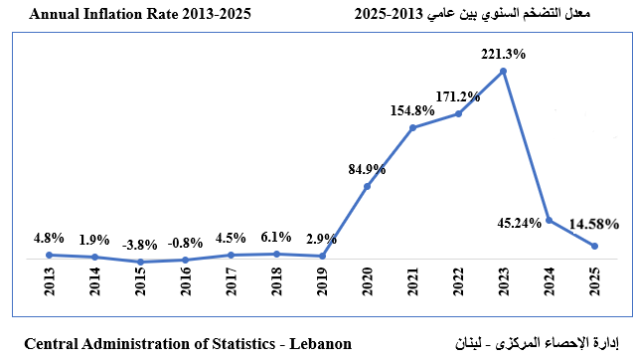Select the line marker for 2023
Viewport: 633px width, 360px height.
[505, 71]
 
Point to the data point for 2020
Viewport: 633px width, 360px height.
[368, 186]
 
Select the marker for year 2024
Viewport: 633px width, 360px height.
[550, 220]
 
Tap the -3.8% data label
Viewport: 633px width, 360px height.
[140, 244]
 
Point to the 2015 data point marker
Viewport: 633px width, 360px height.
[141, 262]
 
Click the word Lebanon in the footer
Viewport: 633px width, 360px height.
[319, 344]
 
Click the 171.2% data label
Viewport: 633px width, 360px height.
[458, 97]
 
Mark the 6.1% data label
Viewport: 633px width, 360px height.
[276, 237]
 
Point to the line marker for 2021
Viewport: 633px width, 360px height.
[413, 128]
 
